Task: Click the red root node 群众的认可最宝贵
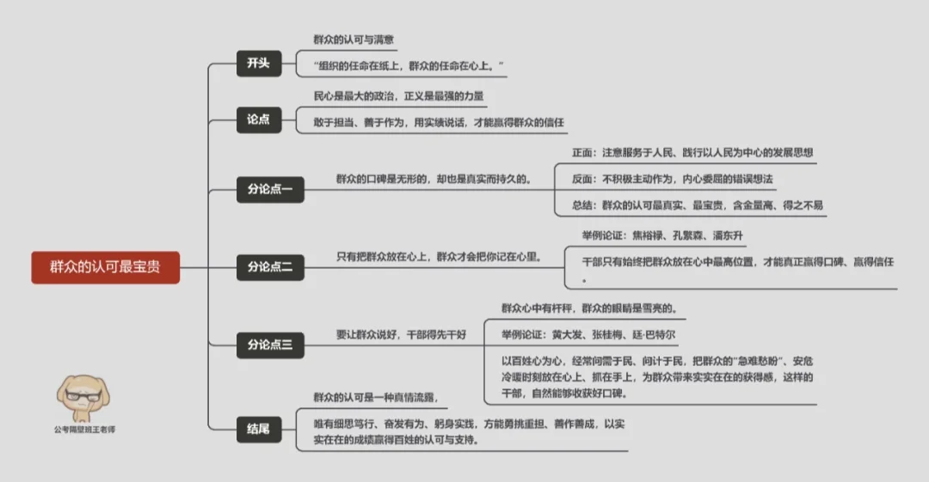tap(105, 267)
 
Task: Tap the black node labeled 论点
tap(259, 119)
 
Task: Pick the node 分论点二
tap(270, 267)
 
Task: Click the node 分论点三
tap(270, 345)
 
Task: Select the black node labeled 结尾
tap(259, 427)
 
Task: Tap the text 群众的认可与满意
tap(354, 40)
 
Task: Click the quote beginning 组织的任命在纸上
tap(409, 65)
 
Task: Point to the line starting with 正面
tap(692, 152)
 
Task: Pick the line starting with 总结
tap(698, 205)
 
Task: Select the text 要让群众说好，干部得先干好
tap(401, 334)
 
